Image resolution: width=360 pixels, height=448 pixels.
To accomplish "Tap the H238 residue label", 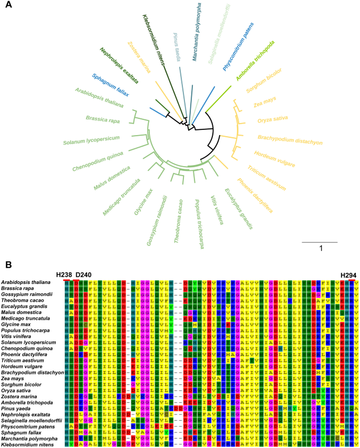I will tap(65, 275).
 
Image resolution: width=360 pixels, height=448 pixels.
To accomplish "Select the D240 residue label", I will tap(84, 275).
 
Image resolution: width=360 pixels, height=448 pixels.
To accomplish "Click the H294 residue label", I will tap(348, 275).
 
